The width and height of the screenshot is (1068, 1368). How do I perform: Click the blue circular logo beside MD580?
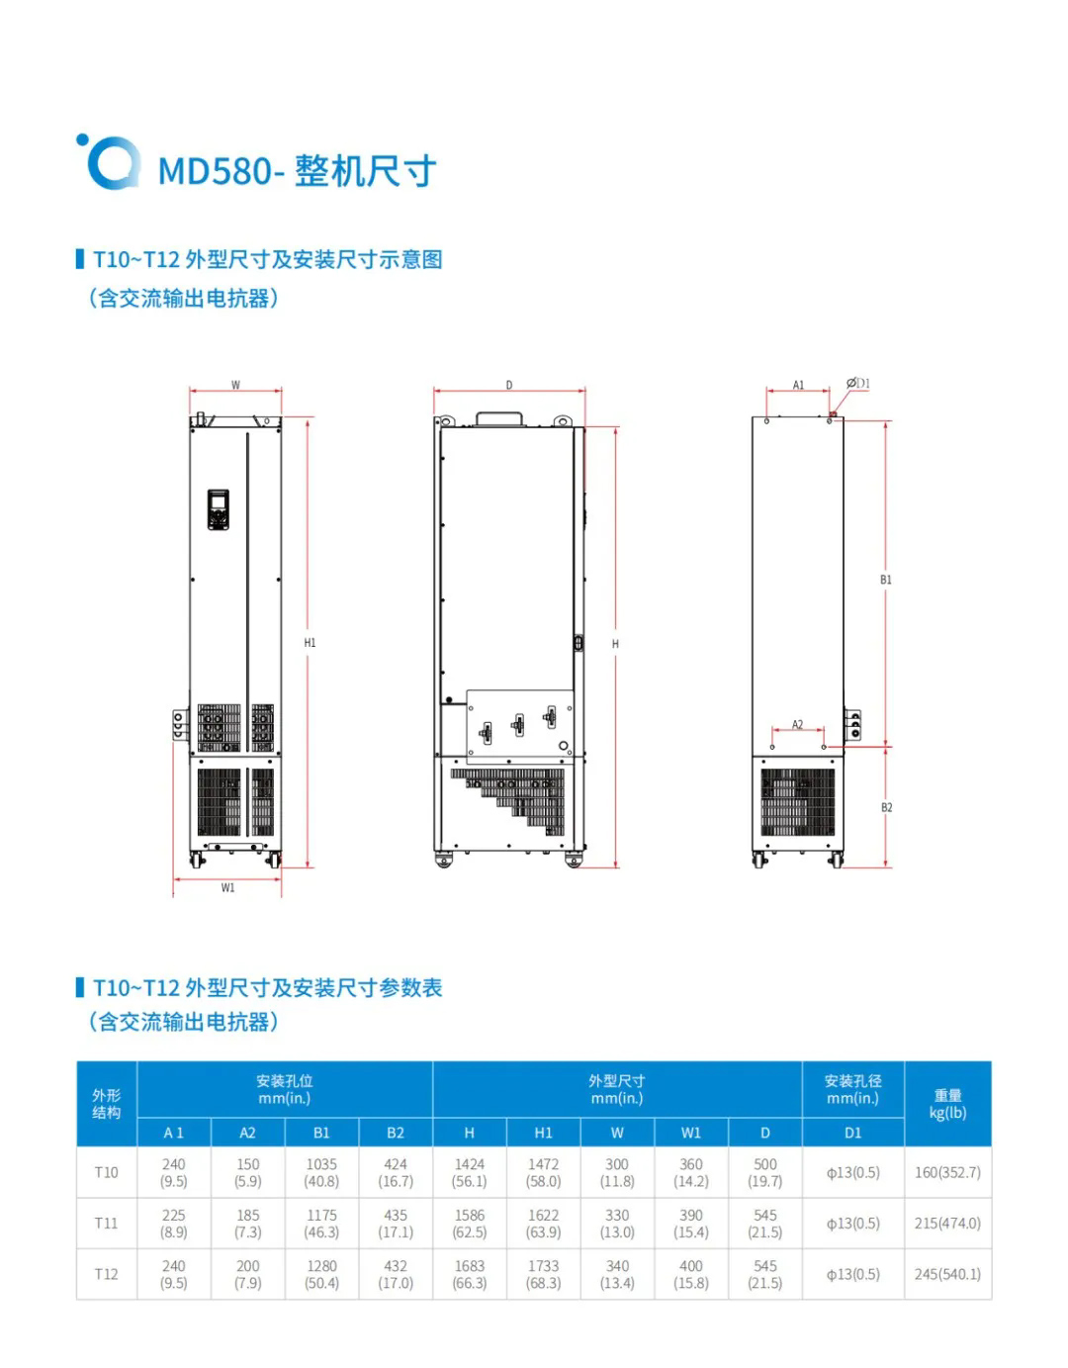107,162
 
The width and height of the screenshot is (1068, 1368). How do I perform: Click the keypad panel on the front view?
218,508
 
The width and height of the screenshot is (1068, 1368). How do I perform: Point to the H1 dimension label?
310,643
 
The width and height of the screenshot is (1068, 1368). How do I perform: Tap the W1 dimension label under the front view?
227,888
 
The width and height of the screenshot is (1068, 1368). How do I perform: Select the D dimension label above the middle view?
509,385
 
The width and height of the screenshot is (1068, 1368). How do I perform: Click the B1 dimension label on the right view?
886,580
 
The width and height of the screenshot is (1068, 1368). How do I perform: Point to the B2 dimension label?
886,808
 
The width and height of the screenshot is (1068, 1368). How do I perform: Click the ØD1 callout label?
858,384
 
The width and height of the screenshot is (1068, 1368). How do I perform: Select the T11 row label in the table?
106,1224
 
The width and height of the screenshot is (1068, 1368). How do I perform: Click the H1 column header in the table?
543,1133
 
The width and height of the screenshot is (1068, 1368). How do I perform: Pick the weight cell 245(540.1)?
947,1274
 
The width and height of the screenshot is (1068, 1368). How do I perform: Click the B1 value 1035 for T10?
321,1172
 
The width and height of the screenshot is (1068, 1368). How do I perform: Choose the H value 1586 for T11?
470,1224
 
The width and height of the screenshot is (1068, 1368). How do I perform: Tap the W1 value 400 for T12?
690,1274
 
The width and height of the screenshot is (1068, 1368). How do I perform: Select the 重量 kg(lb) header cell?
947,1104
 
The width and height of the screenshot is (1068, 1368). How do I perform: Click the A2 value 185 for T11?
247,1224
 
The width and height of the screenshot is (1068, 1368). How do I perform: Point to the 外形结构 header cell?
106,1104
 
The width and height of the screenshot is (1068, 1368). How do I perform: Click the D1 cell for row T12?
852,1274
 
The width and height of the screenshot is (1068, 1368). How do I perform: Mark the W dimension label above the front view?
235,385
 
